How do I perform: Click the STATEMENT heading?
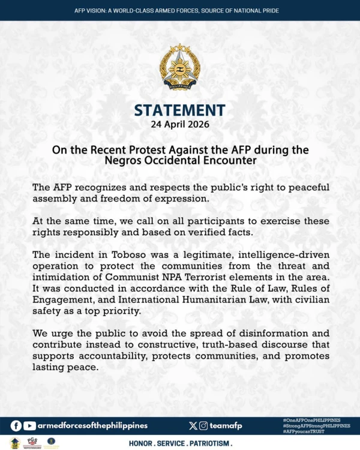(179, 110)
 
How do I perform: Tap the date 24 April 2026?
(180, 125)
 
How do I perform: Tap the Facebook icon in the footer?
(16, 425)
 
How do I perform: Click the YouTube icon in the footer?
(29, 425)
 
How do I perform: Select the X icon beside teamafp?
(193, 425)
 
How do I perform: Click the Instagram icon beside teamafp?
(204, 425)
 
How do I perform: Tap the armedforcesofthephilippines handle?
(92, 425)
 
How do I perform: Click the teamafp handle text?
(227, 425)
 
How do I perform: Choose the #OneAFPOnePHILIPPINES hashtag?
(311, 419)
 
